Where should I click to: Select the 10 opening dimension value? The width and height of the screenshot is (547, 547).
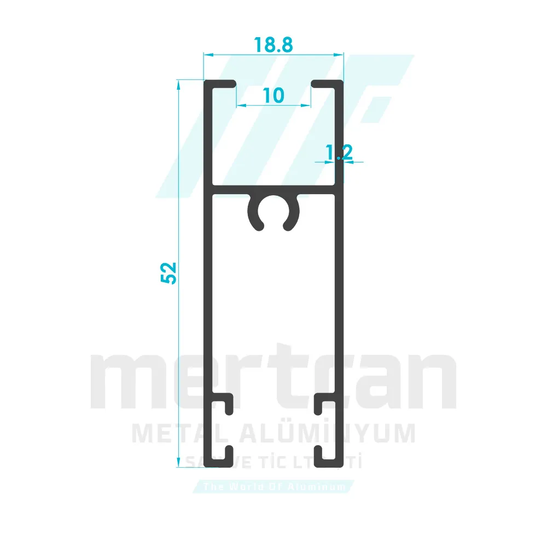pos(273,95)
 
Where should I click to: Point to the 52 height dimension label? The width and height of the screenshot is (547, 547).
pos(168,272)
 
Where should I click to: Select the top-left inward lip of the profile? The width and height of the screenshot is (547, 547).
pos(221,84)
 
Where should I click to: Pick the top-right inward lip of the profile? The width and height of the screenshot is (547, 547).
pos(327,84)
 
